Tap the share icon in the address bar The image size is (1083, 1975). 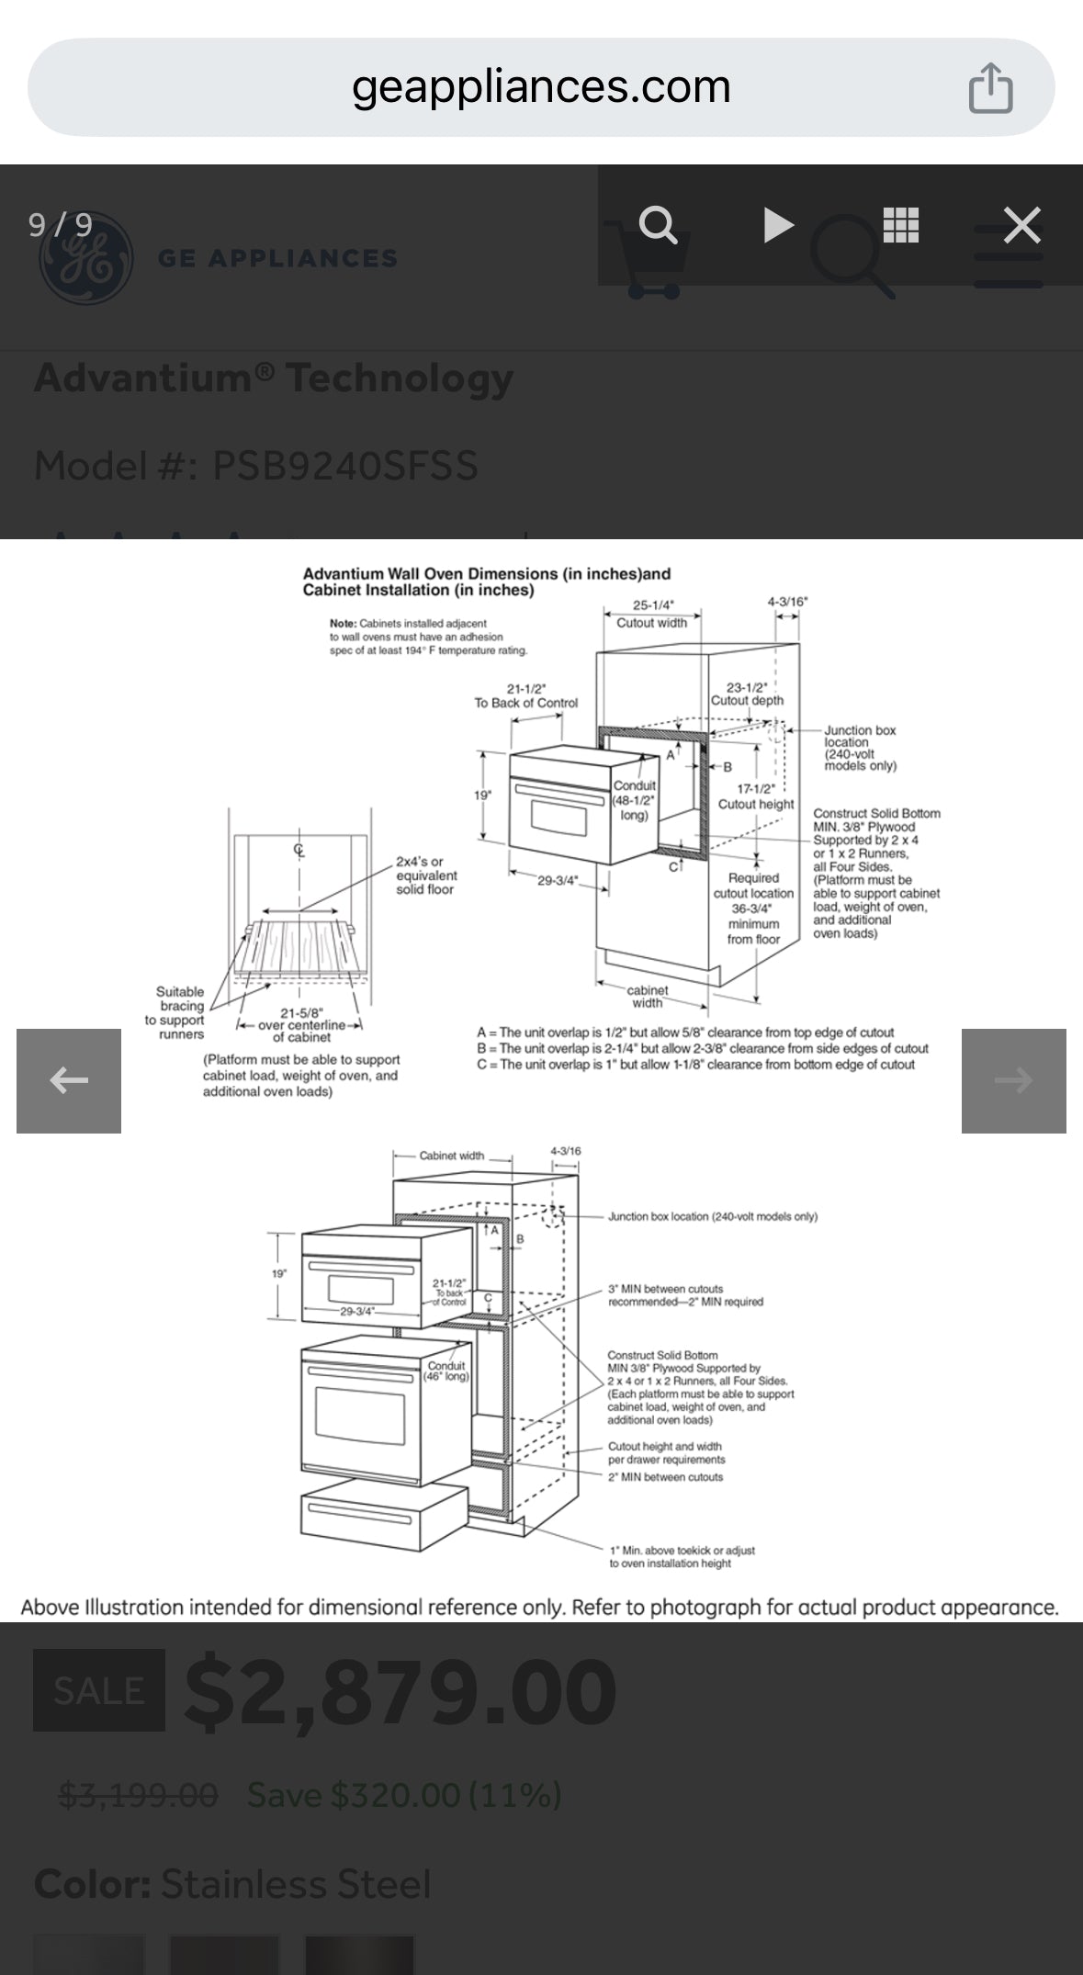pos(990,88)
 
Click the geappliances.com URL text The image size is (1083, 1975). pos(541,87)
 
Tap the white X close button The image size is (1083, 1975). pos(1021,225)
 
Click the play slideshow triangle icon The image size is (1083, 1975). pos(778,225)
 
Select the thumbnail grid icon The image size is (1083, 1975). pos(900,225)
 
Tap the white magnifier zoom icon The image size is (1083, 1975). pos(658,225)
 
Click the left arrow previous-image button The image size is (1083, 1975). pos(69,1080)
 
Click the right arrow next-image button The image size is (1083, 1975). pos(1013,1080)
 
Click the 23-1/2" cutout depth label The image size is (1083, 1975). pos(747,694)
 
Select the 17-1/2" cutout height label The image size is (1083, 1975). pos(756,796)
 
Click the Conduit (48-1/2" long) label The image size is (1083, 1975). pos(634,800)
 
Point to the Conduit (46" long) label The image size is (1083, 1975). pos(446,1371)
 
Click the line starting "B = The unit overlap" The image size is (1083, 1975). pos(703,1048)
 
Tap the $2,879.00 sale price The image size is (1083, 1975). pos(400,1691)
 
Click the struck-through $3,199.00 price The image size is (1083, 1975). pos(138,1794)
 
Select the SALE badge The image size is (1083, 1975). pos(99,1690)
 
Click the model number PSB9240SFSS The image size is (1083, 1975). pos(345,466)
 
